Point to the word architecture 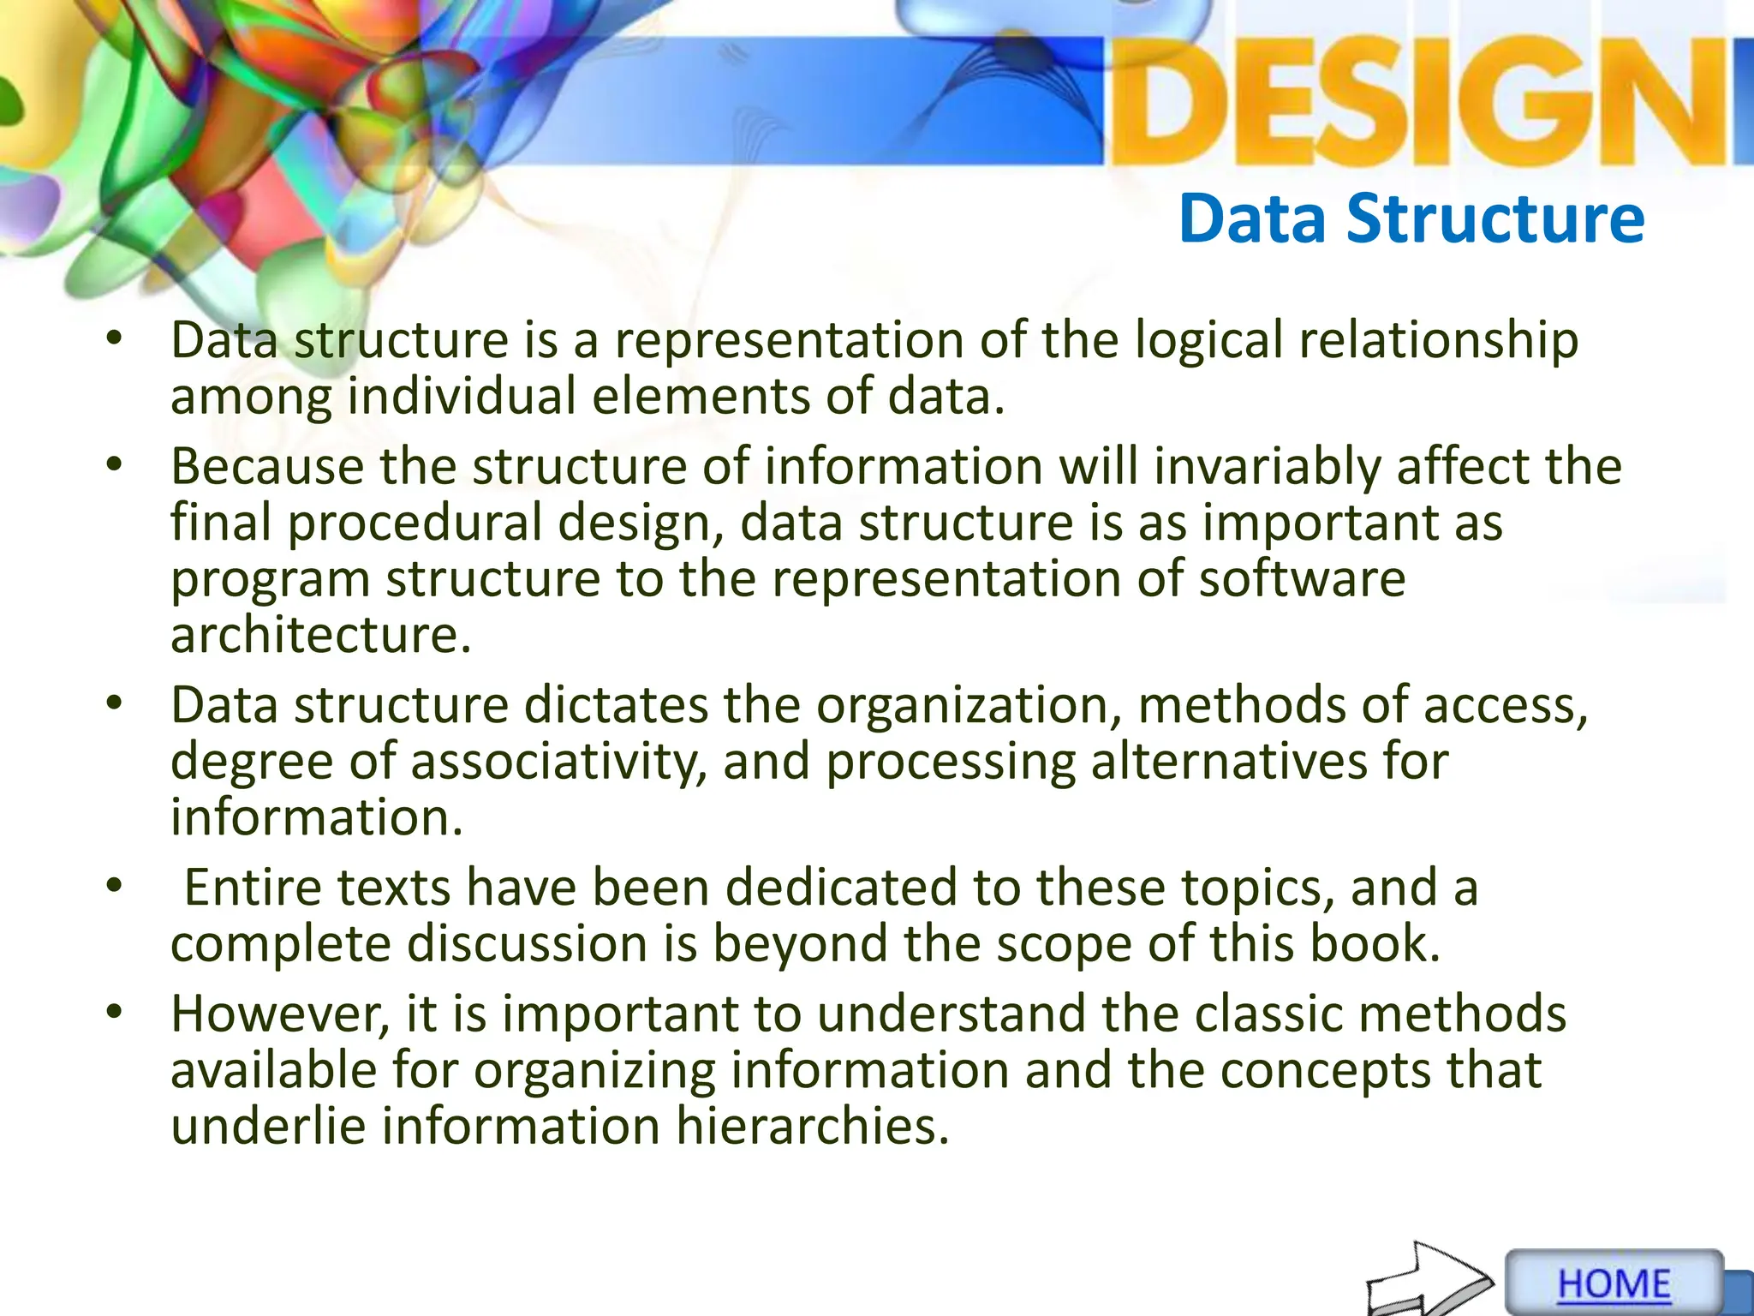(x=320, y=635)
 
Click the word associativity (x=558, y=761)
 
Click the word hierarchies (x=813, y=1125)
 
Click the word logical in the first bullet (x=1208, y=340)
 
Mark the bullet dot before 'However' (x=115, y=1012)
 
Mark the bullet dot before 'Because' (x=115, y=466)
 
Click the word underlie (x=268, y=1125)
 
